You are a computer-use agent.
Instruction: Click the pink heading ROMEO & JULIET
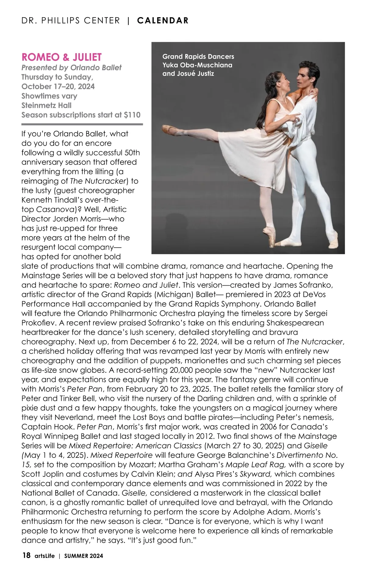tap(61, 57)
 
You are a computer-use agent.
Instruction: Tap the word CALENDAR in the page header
tap(163, 20)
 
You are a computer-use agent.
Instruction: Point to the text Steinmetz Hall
tap(46, 105)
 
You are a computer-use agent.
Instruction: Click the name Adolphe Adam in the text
tap(257, 512)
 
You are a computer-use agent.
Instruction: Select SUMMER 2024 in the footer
tap(84, 556)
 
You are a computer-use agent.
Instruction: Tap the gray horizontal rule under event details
tap(82, 124)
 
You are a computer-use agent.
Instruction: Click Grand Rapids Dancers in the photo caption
tap(198, 56)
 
